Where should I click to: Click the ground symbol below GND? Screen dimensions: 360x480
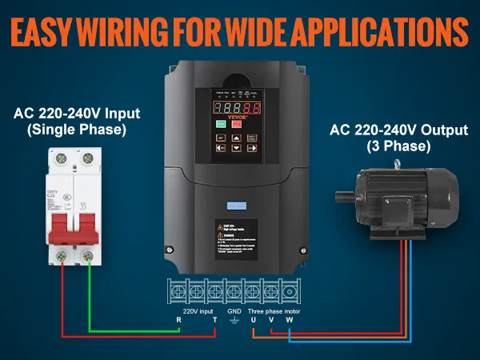click(x=234, y=319)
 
